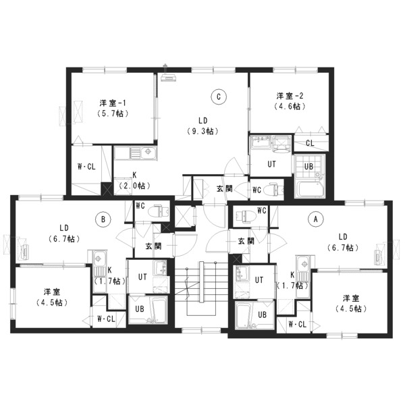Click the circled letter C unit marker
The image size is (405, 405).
[x=219, y=97]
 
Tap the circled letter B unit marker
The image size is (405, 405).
[x=103, y=219]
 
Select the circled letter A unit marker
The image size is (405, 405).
[x=315, y=219]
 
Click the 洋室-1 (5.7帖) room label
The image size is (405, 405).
[x=113, y=108]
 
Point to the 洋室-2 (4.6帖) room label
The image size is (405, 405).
[x=290, y=101]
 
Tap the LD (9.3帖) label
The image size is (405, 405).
[x=203, y=126]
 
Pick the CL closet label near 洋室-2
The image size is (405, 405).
[x=310, y=143]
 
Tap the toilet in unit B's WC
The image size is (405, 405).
[x=159, y=211]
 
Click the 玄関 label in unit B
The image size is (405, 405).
[x=153, y=246]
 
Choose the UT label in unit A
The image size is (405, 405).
[x=259, y=279]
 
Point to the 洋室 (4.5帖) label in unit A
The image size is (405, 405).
[x=351, y=304]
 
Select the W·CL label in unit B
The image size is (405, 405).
[x=106, y=319]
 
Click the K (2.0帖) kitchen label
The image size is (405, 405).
[x=134, y=180]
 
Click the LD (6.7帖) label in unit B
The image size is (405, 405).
[x=64, y=234]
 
